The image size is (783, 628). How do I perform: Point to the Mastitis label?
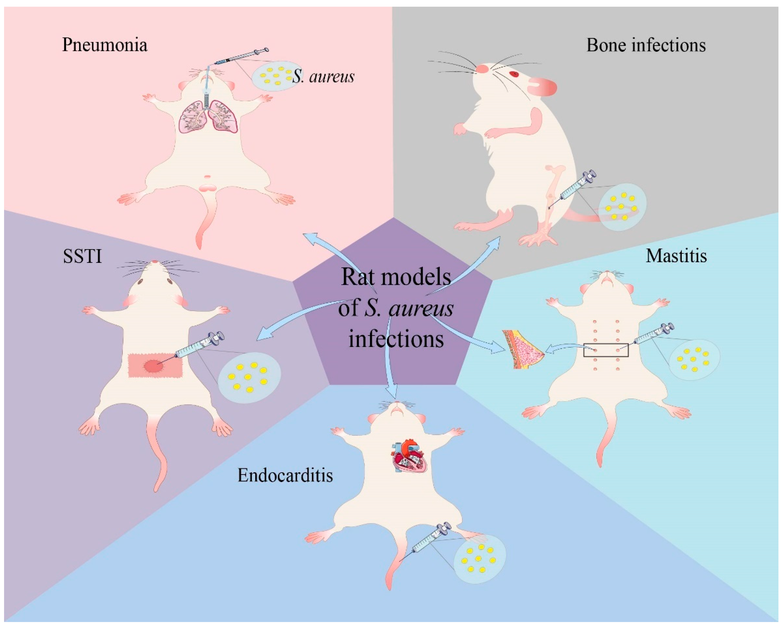click(676, 256)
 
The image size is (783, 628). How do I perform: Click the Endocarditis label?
click(285, 475)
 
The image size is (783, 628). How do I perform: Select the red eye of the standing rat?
click(514, 74)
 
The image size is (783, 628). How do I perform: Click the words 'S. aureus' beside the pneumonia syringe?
click(323, 77)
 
